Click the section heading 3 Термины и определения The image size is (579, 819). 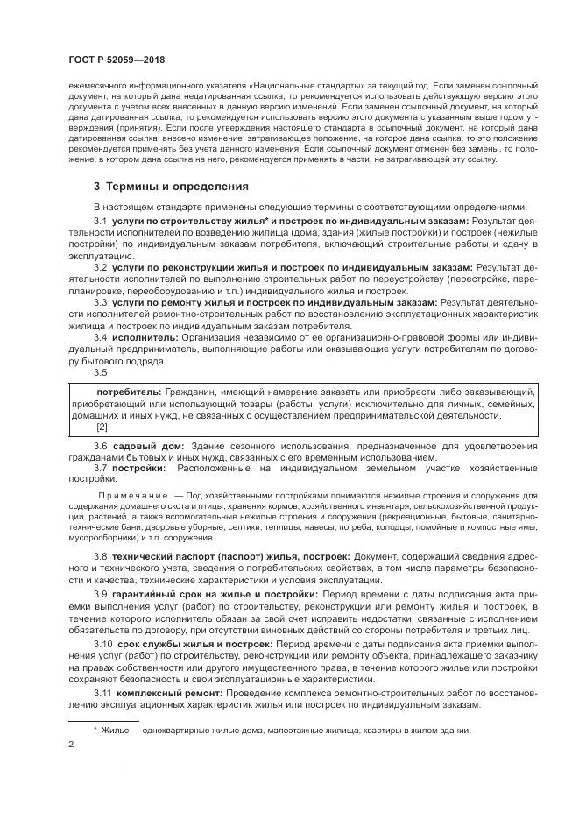(x=171, y=187)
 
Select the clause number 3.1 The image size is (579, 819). (x=100, y=222)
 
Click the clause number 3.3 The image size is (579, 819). (x=100, y=302)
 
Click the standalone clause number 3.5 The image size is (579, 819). (x=100, y=372)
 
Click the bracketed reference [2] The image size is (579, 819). (x=102, y=427)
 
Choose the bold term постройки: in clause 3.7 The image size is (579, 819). (x=139, y=470)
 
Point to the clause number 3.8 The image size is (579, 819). (x=100, y=556)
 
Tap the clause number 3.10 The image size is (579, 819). (x=102, y=644)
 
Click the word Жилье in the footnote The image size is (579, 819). (x=115, y=731)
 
